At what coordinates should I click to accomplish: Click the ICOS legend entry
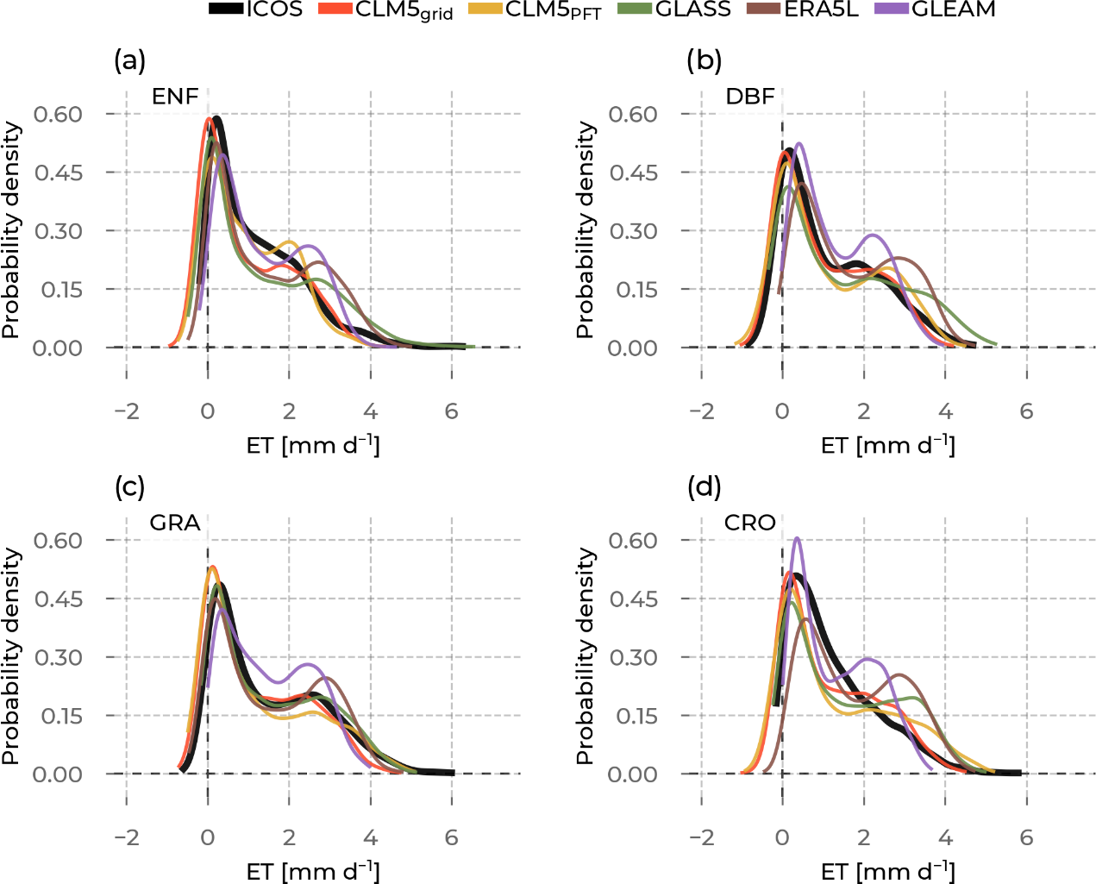point(256,9)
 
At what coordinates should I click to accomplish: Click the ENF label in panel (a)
point(175,97)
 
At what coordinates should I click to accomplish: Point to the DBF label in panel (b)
point(750,97)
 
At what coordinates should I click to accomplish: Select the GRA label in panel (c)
point(175,523)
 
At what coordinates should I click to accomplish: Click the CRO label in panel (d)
point(750,523)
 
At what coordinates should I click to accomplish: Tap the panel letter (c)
point(129,487)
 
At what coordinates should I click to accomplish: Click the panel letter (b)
point(705,60)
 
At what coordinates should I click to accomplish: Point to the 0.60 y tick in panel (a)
point(58,115)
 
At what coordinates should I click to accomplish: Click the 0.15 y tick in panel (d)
point(633,716)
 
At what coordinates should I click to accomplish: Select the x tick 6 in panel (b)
point(1026,411)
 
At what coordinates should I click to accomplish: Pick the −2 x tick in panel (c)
point(127,837)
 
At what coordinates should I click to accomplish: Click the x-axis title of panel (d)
point(888,871)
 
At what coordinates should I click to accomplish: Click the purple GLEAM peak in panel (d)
point(797,539)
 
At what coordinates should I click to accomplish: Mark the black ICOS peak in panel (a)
point(217,118)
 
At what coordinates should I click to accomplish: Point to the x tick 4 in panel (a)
point(370,411)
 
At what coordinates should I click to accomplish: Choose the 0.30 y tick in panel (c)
point(58,657)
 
